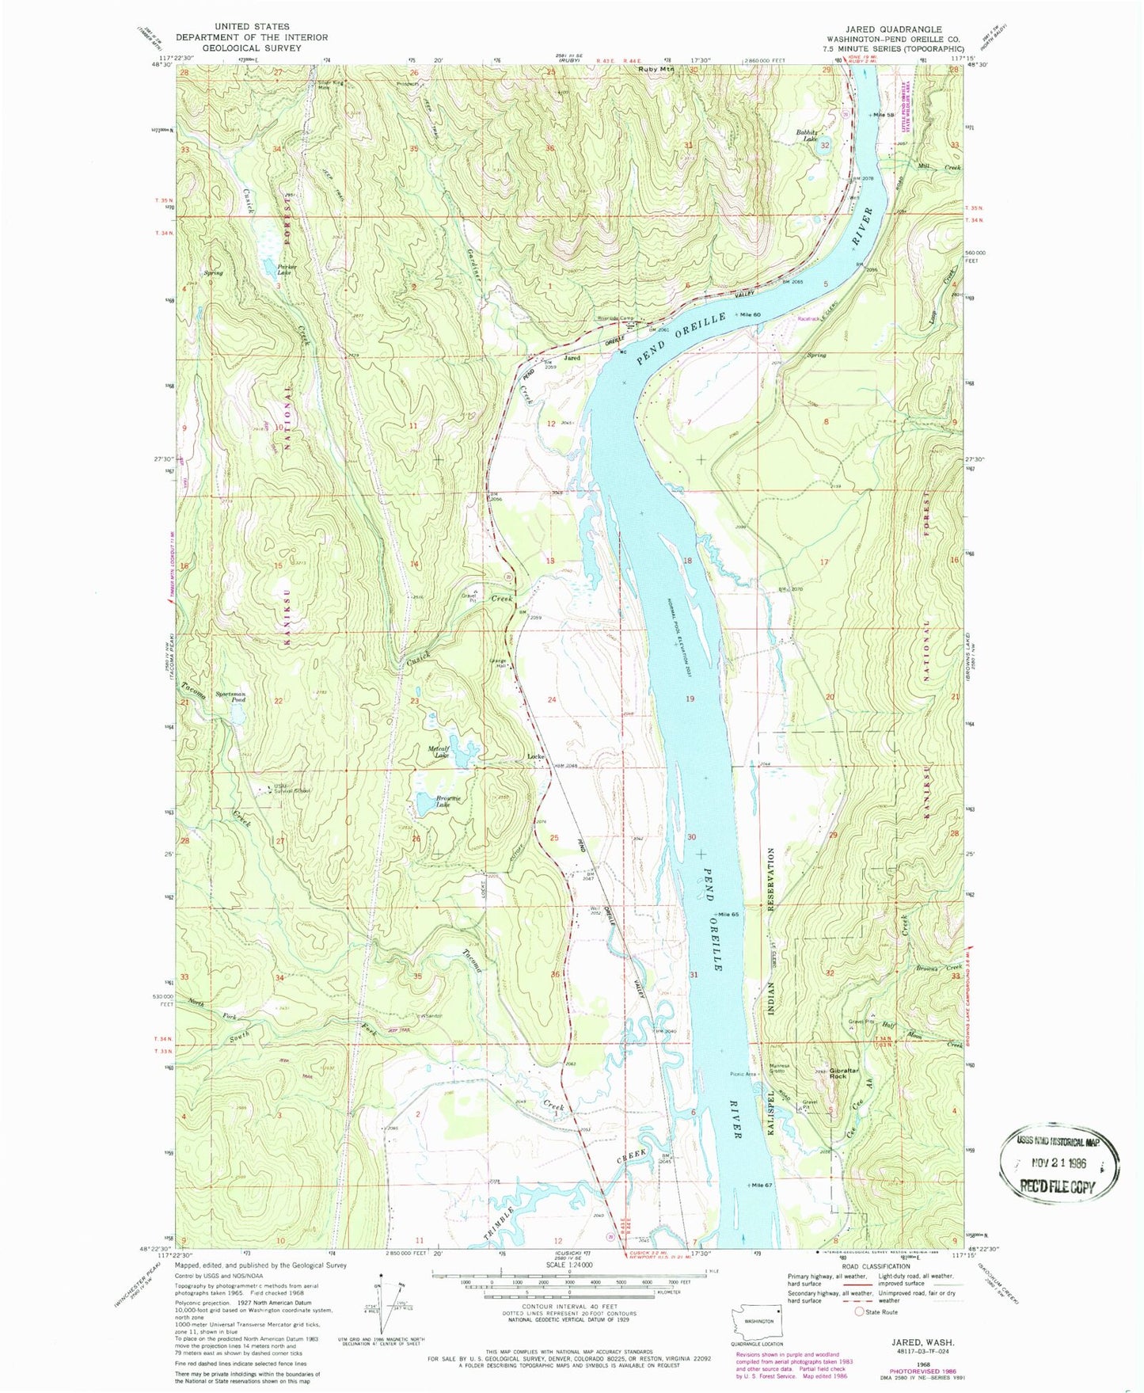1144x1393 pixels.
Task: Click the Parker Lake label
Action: coord(287,271)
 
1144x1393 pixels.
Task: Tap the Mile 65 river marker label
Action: coord(728,915)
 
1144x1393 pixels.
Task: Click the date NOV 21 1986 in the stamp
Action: coord(1060,1163)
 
